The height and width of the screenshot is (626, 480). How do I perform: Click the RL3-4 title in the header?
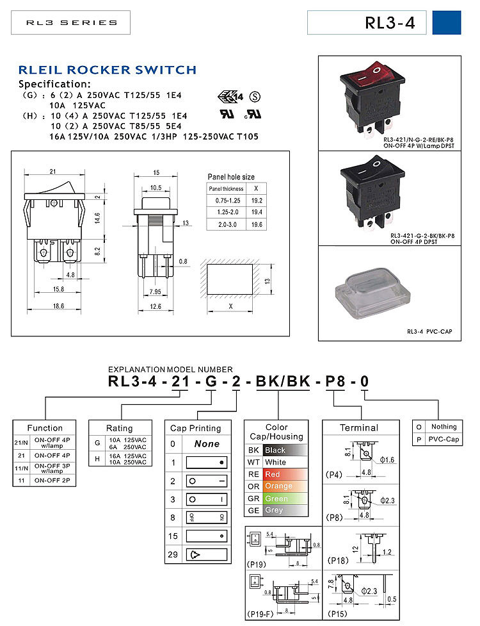390,23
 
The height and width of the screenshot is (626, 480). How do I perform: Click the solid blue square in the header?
447,22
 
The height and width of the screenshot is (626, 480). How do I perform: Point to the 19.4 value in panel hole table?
257,211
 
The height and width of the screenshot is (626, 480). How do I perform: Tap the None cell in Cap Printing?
206,443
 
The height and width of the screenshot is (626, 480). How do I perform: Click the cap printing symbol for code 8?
206,517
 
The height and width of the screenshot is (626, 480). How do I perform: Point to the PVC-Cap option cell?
444,440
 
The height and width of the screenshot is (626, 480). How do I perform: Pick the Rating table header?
120,428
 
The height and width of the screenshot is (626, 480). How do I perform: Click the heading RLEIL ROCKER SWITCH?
107,70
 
